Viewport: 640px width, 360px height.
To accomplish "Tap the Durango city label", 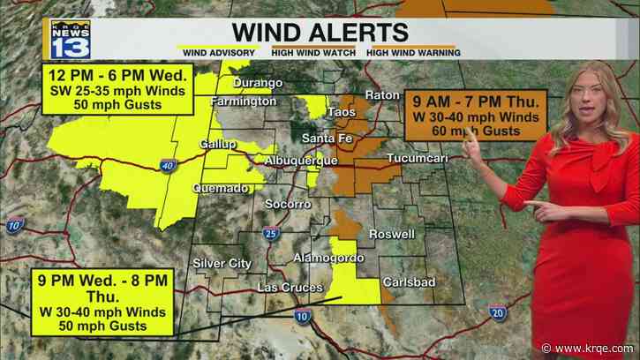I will [x=258, y=83].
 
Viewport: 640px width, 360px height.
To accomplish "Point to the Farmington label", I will [x=244, y=102].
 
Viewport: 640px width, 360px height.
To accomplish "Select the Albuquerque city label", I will [x=302, y=161].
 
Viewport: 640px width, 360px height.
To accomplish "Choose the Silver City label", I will [x=222, y=263].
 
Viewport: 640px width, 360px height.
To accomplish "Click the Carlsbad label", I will [x=405, y=282].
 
